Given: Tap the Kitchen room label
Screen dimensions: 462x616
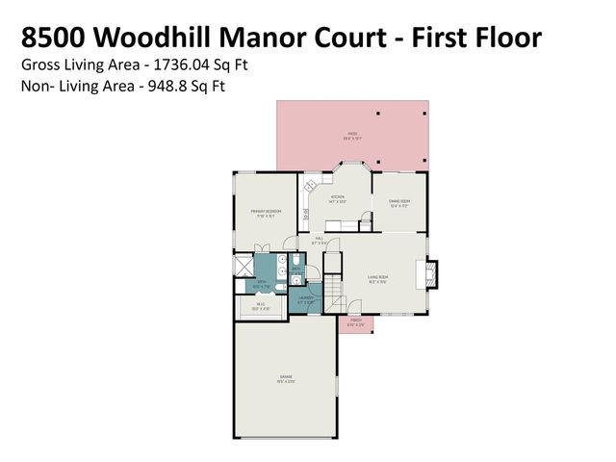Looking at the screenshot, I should pyautogui.click(x=337, y=200).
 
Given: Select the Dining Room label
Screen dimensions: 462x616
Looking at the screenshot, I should pyautogui.click(x=399, y=202).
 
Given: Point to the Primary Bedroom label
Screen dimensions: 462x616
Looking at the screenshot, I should pyautogui.click(x=265, y=213).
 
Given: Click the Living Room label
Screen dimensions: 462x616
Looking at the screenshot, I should pyautogui.click(x=376, y=280).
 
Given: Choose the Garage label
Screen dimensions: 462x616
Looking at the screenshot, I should pyautogui.click(x=286, y=376).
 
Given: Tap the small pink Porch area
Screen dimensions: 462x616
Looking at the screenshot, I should pyautogui.click(x=356, y=322).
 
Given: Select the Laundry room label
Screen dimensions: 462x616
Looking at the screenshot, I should pyautogui.click(x=307, y=299).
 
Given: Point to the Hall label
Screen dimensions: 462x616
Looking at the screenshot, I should pyautogui.click(x=319, y=240).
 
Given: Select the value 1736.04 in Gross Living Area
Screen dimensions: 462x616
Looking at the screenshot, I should pyautogui.click(x=174, y=66).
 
